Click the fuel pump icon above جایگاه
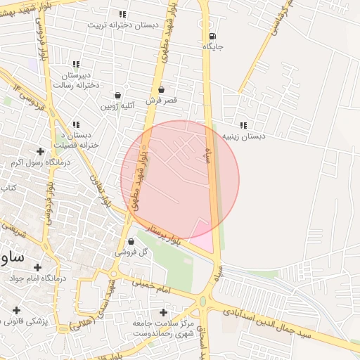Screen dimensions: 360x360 tap(213, 37)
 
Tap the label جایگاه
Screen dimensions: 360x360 tap(213, 46)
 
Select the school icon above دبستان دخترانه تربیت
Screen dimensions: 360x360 tap(122, 14)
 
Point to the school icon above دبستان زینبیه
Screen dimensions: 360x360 tap(243, 125)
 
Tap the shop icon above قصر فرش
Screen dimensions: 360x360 tap(162, 90)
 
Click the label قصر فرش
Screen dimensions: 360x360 tap(161, 101)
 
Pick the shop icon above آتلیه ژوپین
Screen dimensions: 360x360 tap(117, 96)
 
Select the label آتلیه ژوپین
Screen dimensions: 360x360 tap(117, 106)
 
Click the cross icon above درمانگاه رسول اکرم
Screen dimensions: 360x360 tap(40, 151)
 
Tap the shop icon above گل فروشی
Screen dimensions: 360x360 tap(131, 241)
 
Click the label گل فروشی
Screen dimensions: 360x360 tap(132, 251)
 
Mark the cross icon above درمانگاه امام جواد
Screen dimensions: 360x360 tap(37, 267)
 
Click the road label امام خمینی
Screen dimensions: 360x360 tap(150, 284)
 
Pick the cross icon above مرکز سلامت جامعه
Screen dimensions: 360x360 tap(164, 312)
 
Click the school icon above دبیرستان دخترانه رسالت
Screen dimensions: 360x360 tap(77, 65)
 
